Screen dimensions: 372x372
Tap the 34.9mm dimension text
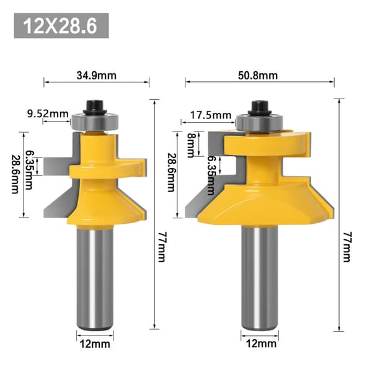coord(97,76)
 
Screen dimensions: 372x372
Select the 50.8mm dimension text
coord(258,76)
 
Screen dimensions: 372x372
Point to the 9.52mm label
coord(48,113)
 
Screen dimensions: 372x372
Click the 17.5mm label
coord(211,115)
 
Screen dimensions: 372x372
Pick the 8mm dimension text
coord(191,145)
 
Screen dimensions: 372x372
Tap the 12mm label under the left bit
coord(95,343)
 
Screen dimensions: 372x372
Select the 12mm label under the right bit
coord(261,343)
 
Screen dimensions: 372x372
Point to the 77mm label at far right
coord(347,247)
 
